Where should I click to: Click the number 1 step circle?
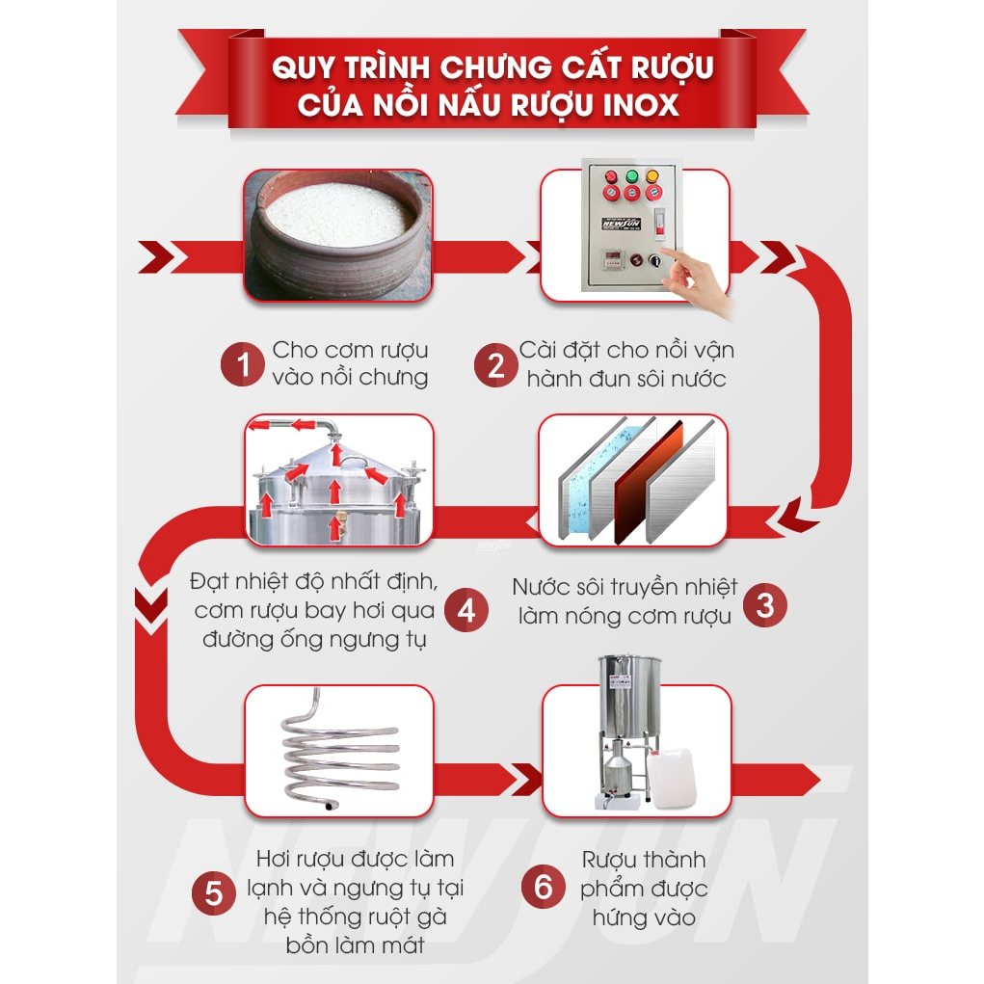[242, 364]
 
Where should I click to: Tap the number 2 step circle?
[495, 365]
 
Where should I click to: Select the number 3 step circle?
[765, 605]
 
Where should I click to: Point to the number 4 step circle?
[466, 610]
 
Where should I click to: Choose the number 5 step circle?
[213, 893]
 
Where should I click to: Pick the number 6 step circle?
[544, 887]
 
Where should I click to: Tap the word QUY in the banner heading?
[303, 67]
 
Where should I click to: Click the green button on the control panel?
[632, 176]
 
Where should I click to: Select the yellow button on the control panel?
[652, 176]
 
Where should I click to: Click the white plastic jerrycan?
[672, 778]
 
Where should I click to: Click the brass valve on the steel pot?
[339, 524]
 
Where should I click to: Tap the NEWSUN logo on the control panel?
[621, 224]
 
